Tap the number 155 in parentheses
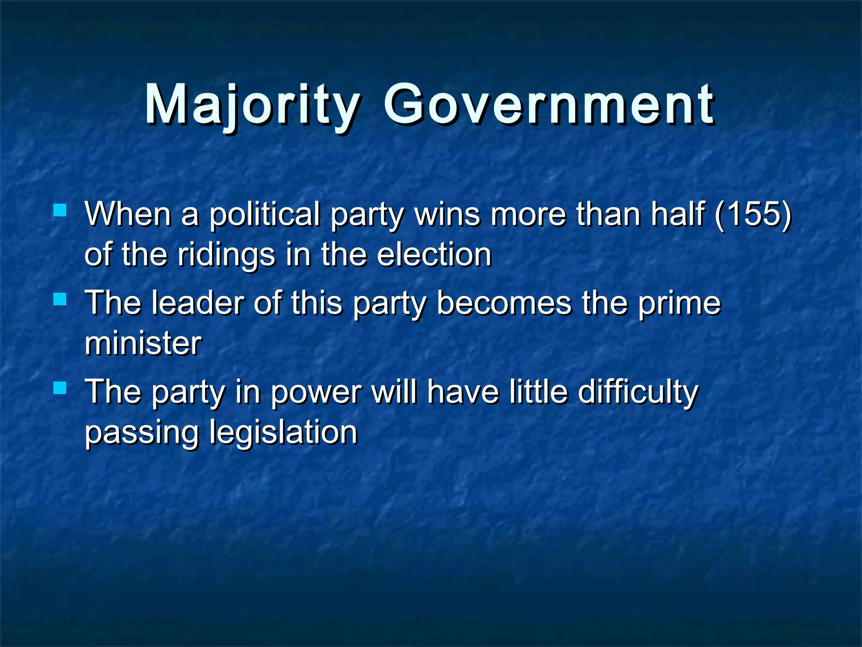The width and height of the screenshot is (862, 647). click(753, 214)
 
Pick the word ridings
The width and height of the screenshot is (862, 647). click(226, 255)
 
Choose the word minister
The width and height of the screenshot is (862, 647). click(143, 343)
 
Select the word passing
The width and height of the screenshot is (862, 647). click(141, 433)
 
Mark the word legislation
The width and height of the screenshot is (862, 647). click(283, 433)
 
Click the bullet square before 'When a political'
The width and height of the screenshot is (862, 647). click(60, 210)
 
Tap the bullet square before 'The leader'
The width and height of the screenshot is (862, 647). click(60, 299)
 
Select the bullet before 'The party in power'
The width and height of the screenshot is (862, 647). click(60, 388)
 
